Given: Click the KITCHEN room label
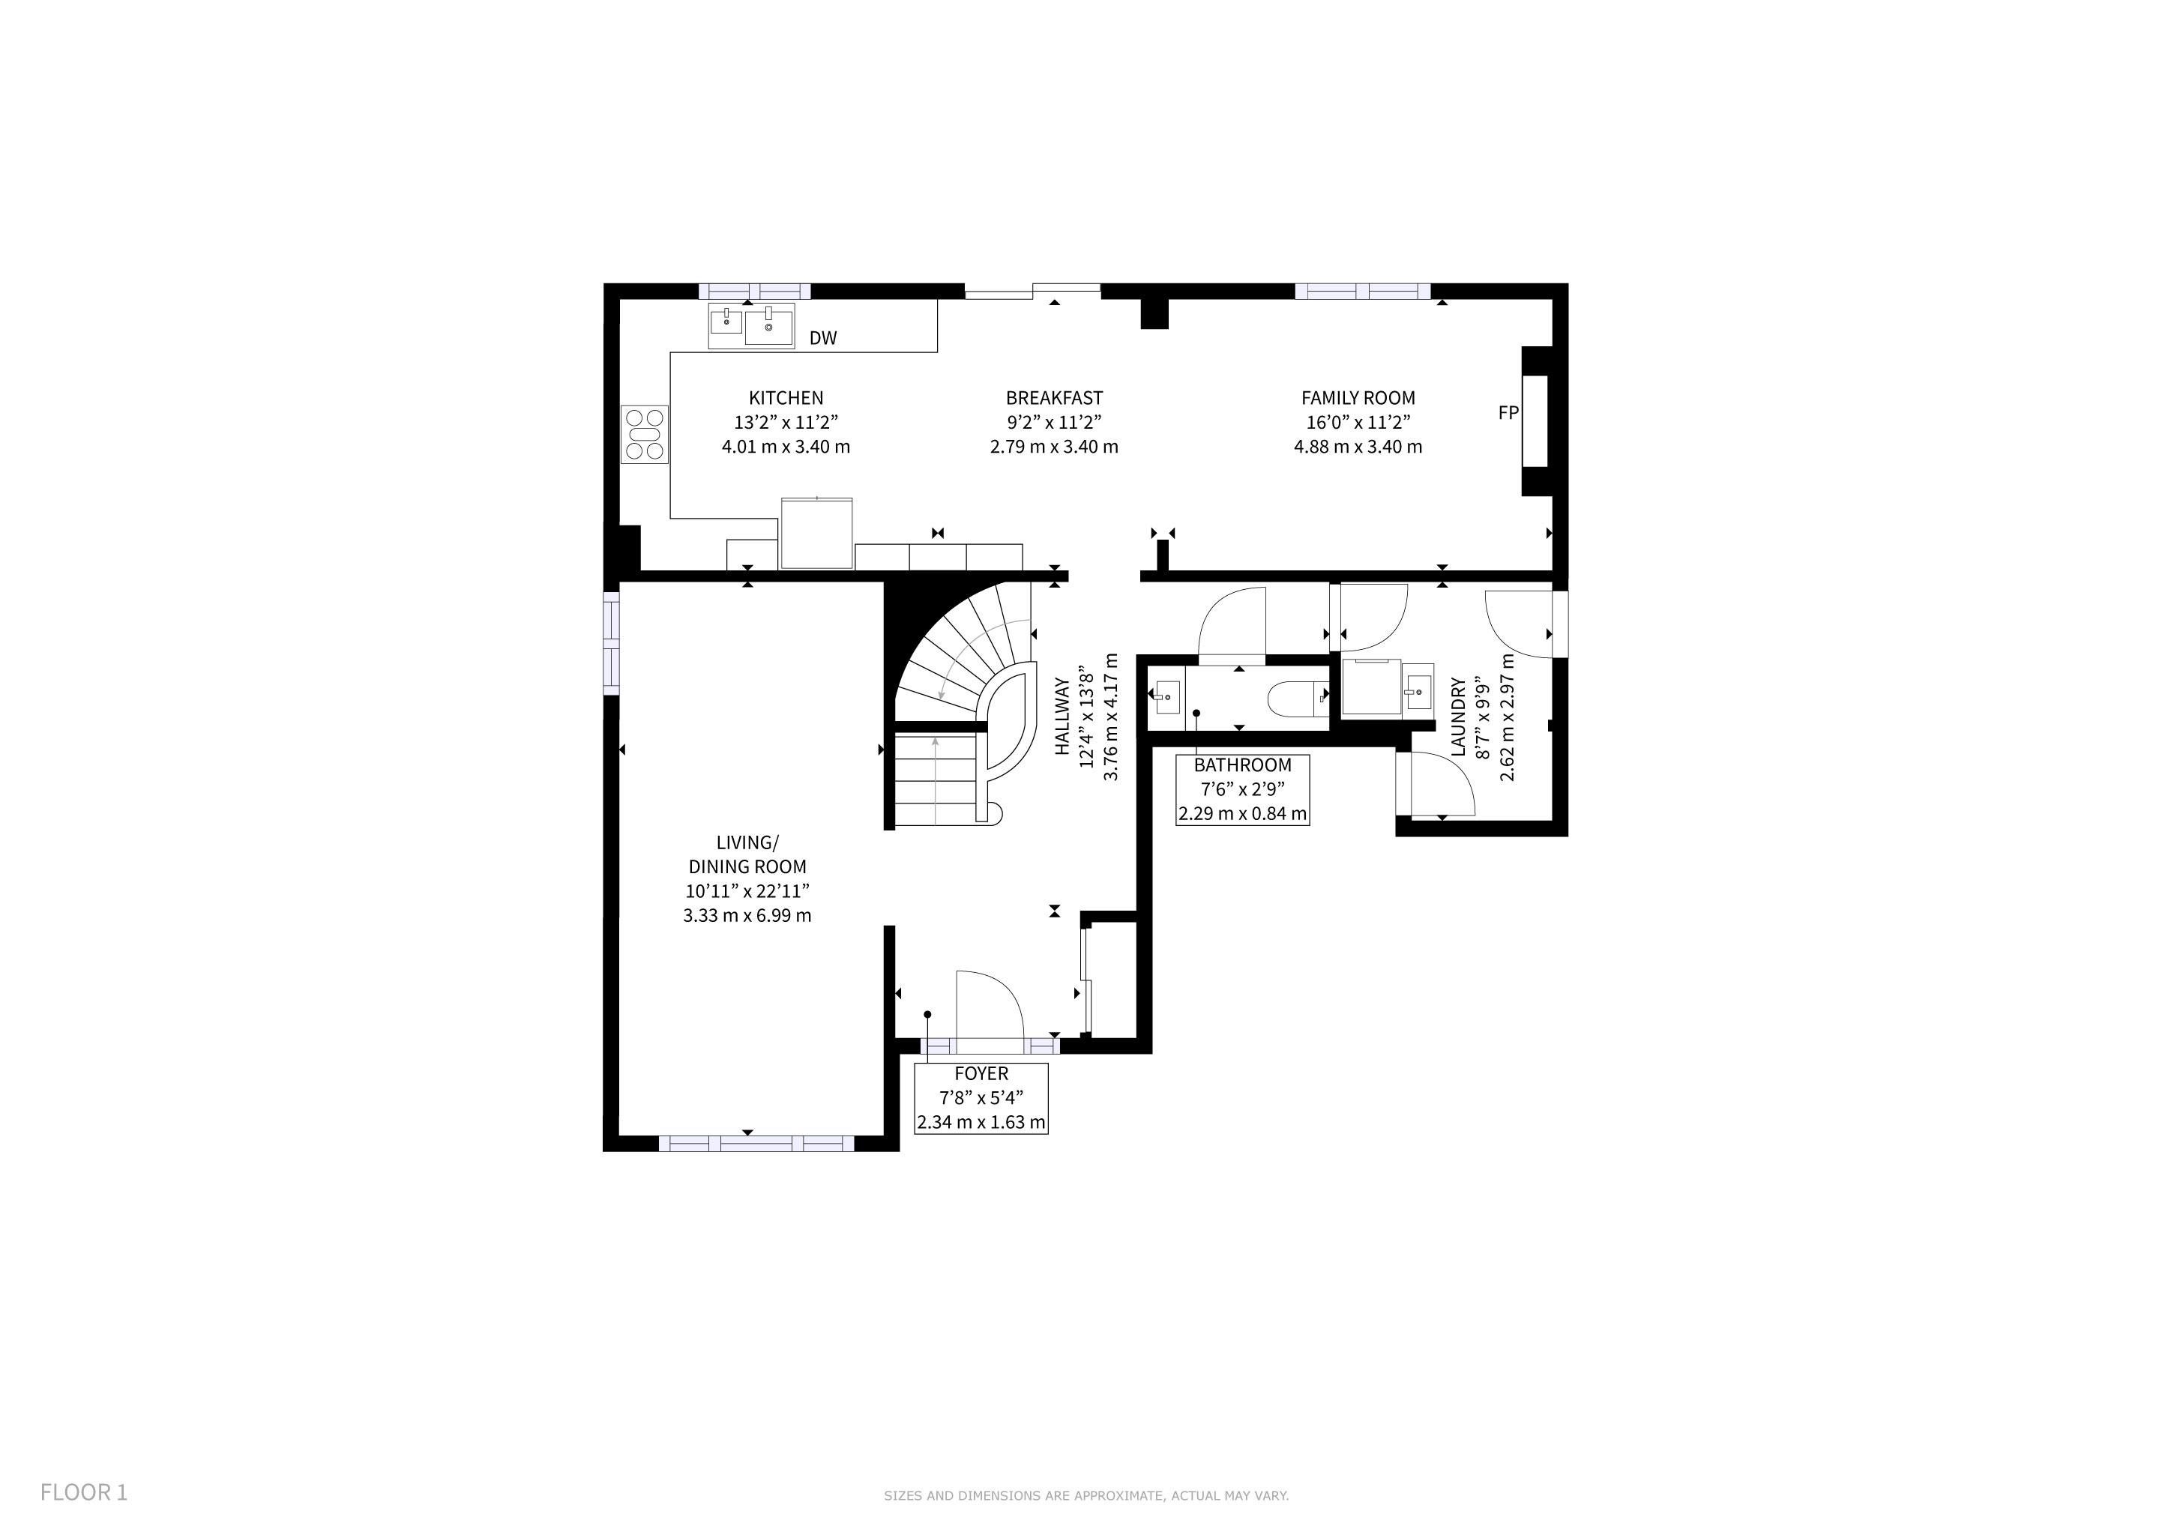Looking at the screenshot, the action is pyautogui.click(x=786, y=398).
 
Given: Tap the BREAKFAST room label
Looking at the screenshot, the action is pyautogui.click(x=1054, y=398).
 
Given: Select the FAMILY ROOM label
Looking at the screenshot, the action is pyautogui.click(x=1358, y=398).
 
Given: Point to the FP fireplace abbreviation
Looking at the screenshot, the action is pyautogui.click(x=1508, y=412).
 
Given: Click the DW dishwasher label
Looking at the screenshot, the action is pyautogui.click(x=822, y=337).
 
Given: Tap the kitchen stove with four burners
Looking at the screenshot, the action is pyautogui.click(x=645, y=434).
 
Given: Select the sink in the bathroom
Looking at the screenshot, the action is pyautogui.click(x=1166, y=696).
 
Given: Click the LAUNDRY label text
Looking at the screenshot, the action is pyautogui.click(x=1457, y=717).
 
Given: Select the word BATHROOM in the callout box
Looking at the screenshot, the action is pyautogui.click(x=1242, y=765).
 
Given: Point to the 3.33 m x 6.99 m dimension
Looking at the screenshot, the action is pyautogui.click(x=747, y=915).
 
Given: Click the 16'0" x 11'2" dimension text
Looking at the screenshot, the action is pyautogui.click(x=1358, y=423).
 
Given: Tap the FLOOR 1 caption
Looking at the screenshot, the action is pyautogui.click(x=83, y=1492).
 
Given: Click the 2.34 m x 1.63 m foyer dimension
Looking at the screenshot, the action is pyautogui.click(x=981, y=1122).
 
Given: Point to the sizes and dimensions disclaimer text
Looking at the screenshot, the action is pyautogui.click(x=1086, y=1495).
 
